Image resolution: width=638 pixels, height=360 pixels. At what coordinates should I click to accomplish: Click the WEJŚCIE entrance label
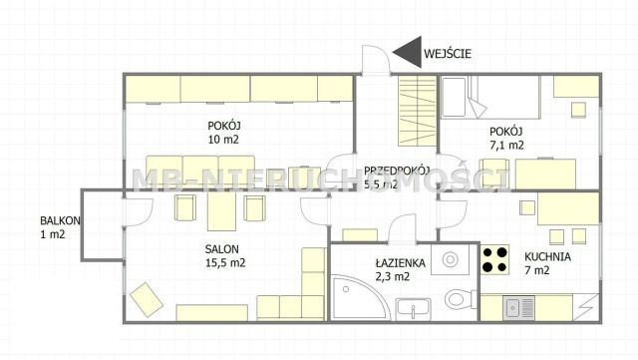click(x=447, y=54)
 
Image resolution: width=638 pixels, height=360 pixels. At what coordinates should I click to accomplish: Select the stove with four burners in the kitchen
click(x=495, y=260)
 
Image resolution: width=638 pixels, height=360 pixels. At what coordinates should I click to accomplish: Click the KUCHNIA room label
click(x=547, y=255)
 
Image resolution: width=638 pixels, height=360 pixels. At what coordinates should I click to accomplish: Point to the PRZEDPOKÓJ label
click(x=396, y=170)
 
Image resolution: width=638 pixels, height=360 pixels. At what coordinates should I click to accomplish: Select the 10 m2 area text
click(x=223, y=140)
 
